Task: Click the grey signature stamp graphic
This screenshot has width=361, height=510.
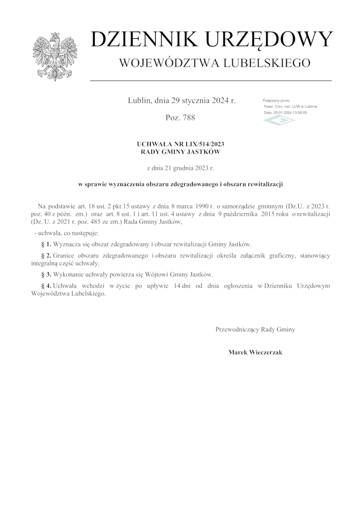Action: click(x=279, y=120)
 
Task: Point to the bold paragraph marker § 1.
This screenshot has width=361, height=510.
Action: click(x=46, y=244)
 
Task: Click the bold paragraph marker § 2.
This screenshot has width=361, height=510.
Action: click(x=46, y=256)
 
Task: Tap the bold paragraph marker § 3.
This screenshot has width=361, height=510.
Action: click(x=46, y=274)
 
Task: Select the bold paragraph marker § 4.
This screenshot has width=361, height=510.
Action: click(x=46, y=286)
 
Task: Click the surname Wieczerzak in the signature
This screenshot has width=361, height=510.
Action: click(x=265, y=352)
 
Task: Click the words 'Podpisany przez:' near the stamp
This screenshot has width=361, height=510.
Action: click(x=276, y=100)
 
